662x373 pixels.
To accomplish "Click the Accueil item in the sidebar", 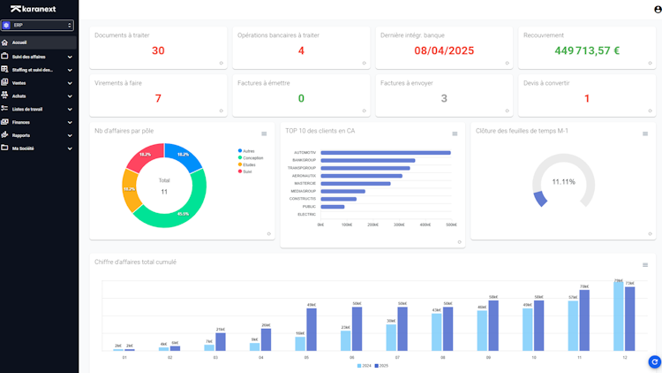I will click(19, 42).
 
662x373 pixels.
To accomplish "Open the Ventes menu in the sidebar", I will click(19, 82).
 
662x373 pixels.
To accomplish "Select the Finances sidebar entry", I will click(21, 122).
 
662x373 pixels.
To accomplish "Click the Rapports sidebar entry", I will click(21, 135).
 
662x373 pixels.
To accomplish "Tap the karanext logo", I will click(34, 9).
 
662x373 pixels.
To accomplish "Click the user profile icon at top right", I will click(657, 10).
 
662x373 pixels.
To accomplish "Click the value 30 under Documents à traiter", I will click(158, 50).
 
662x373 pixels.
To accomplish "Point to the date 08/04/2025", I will click(444, 50).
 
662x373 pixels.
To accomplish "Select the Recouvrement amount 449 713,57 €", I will click(587, 50).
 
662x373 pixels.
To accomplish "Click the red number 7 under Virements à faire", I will click(158, 98).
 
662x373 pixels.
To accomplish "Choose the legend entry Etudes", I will click(248, 164).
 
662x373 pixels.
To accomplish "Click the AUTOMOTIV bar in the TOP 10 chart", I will click(385, 152).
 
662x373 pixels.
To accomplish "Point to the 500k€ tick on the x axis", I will click(451, 225).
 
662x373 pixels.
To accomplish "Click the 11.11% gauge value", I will click(563, 181).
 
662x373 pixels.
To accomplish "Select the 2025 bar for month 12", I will click(629, 316).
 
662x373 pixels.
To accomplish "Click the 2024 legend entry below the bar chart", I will click(364, 365).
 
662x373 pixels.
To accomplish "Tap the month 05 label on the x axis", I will click(306, 357).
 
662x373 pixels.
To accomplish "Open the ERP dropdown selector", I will click(38, 26).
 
